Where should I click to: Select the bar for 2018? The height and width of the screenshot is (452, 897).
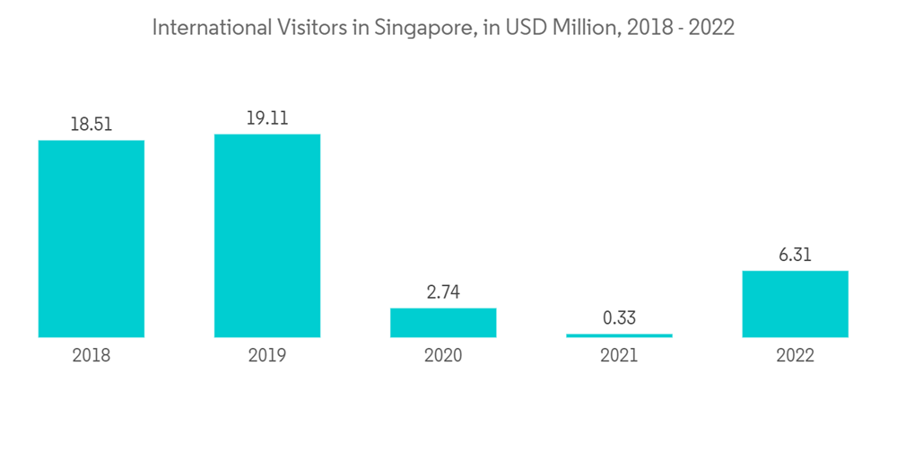pos(91,239)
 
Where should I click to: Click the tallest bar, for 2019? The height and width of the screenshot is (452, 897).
pos(267,236)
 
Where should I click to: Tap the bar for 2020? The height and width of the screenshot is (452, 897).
pos(443,322)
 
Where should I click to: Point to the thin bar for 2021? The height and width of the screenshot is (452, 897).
pos(619,335)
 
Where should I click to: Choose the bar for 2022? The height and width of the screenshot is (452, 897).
pos(795,304)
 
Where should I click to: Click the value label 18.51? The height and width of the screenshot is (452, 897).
pos(91,125)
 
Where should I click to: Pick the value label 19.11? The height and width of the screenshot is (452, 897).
pos(267,118)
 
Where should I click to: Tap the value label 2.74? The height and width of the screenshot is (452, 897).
pos(443,292)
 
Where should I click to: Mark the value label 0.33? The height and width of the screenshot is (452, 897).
pos(619,318)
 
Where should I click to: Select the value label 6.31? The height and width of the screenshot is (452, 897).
pos(795,255)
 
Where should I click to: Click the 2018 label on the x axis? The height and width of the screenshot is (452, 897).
pos(91,356)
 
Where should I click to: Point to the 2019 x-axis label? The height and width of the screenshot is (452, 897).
pos(267,356)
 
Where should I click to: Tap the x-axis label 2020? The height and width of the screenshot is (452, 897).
pos(443,356)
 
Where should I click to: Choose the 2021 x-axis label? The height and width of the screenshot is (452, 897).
pos(619,356)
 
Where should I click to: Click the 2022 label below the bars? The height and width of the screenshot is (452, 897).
pos(795,356)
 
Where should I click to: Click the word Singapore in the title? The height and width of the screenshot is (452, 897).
pos(421,29)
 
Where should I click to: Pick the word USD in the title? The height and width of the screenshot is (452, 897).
pos(528,28)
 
